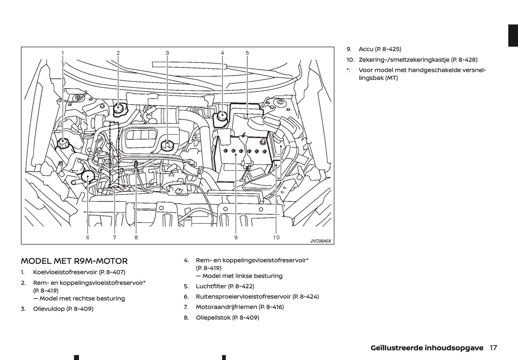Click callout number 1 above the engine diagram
pos(63,53)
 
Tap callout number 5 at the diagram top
pos(247,53)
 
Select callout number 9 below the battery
pos(236,237)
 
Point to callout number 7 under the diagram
pos(114,237)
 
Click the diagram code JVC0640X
pos(320,241)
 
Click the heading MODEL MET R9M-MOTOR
pos(74,261)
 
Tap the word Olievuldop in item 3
pos(49,309)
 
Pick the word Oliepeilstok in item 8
pos(213,317)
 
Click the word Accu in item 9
pos(366,49)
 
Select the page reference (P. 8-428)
pos(464,60)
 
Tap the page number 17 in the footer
pos(493,348)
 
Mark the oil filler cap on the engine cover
pos(167,145)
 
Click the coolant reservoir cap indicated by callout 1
pos(63,144)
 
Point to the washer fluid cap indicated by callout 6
pos(87,176)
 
